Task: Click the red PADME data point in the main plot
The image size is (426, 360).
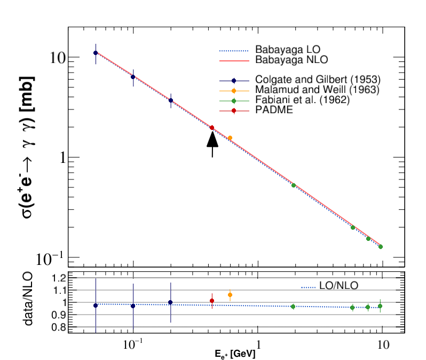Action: click(x=212, y=128)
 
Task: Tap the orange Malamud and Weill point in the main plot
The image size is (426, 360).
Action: click(x=230, y=138)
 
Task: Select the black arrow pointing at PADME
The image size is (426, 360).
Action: click(x=212, y=144)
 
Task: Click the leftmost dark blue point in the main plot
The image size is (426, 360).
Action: click(x=96, y=53)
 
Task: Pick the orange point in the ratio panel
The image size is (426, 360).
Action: click(x=230, y=295)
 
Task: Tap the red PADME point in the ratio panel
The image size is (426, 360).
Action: click(x=212, y=301)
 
